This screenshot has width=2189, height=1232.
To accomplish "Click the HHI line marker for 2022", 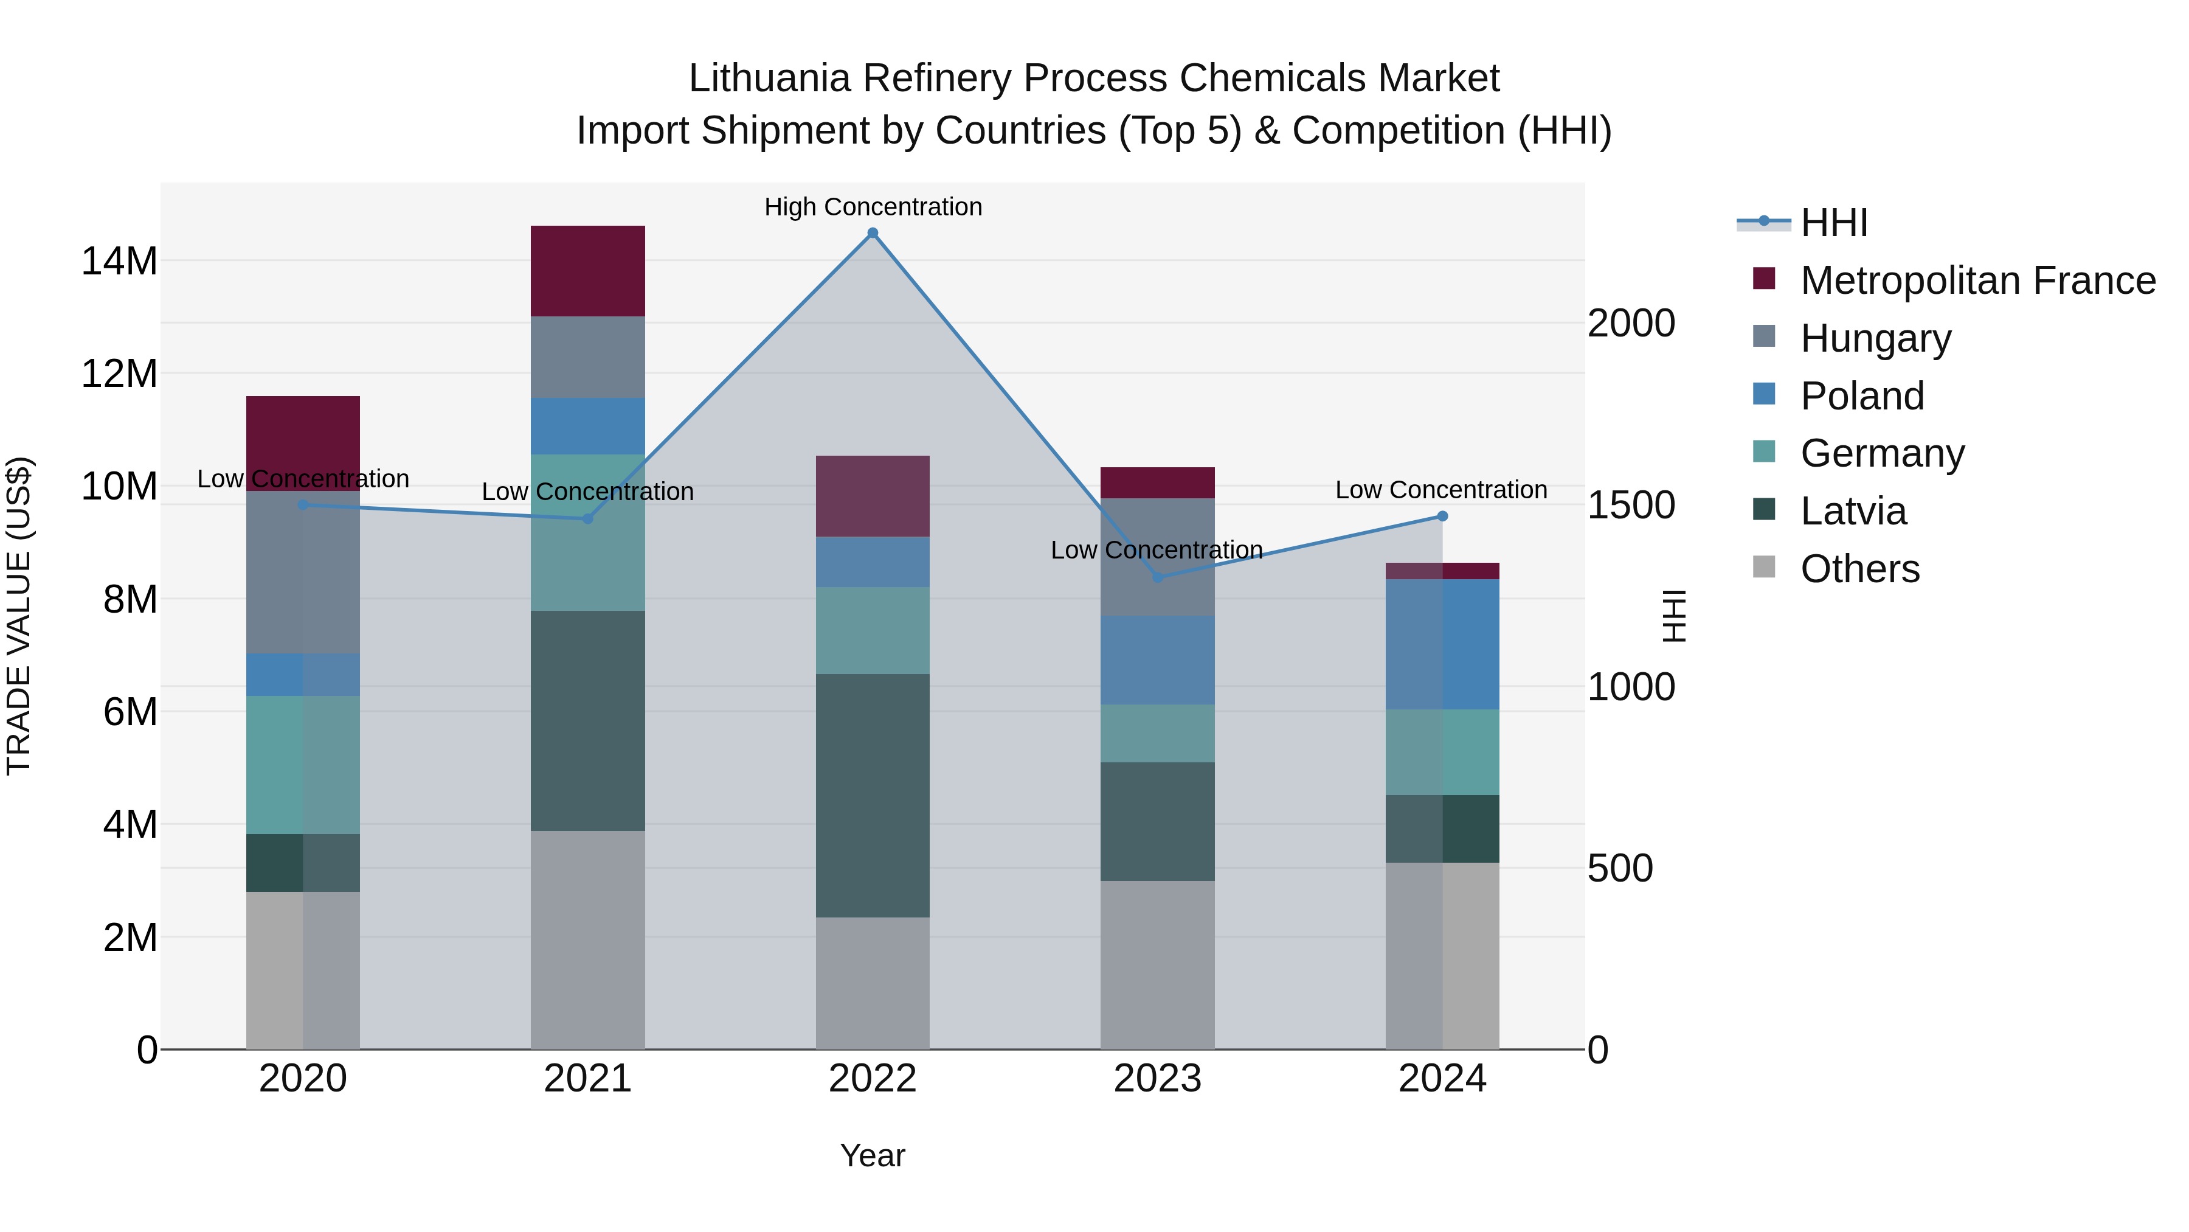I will click(x=872, y=233).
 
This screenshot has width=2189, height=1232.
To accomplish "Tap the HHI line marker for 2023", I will click(x=1157, y=577).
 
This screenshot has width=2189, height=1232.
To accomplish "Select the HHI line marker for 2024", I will click(x=1442, y=516).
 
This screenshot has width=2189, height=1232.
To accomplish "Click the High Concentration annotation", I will click(x=873, y=207).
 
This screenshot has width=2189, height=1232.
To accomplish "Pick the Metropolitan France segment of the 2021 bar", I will click(x=587, y=271).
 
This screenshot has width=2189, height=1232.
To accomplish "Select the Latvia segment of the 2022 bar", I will click(x=872, y=795).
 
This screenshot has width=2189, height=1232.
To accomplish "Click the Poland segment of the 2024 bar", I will click(x=1442, y=644).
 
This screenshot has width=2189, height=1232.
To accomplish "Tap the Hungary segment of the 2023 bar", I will click(x=1157, y=557).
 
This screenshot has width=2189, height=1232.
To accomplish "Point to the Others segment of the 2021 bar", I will click(x=587, y=939).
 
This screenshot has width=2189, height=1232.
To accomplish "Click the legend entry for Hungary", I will click(x=1875, y=338).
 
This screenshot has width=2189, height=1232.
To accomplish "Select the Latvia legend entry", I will click(x=1853, y=511).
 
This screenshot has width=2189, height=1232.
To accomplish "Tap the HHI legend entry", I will click(x=1834, y=223).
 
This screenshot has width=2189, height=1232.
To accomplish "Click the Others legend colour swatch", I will click(x=1764, y=567).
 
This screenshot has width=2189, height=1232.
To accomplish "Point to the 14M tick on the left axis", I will click(x=119, y=261).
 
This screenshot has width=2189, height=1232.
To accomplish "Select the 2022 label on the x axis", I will click(x=872, y=1079).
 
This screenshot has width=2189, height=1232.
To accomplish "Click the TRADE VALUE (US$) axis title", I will click(x=19, y=616).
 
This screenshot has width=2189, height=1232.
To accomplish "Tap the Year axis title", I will click(x=872, y=1155).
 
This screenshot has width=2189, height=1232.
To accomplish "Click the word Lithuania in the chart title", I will click(x=769, y=78).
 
